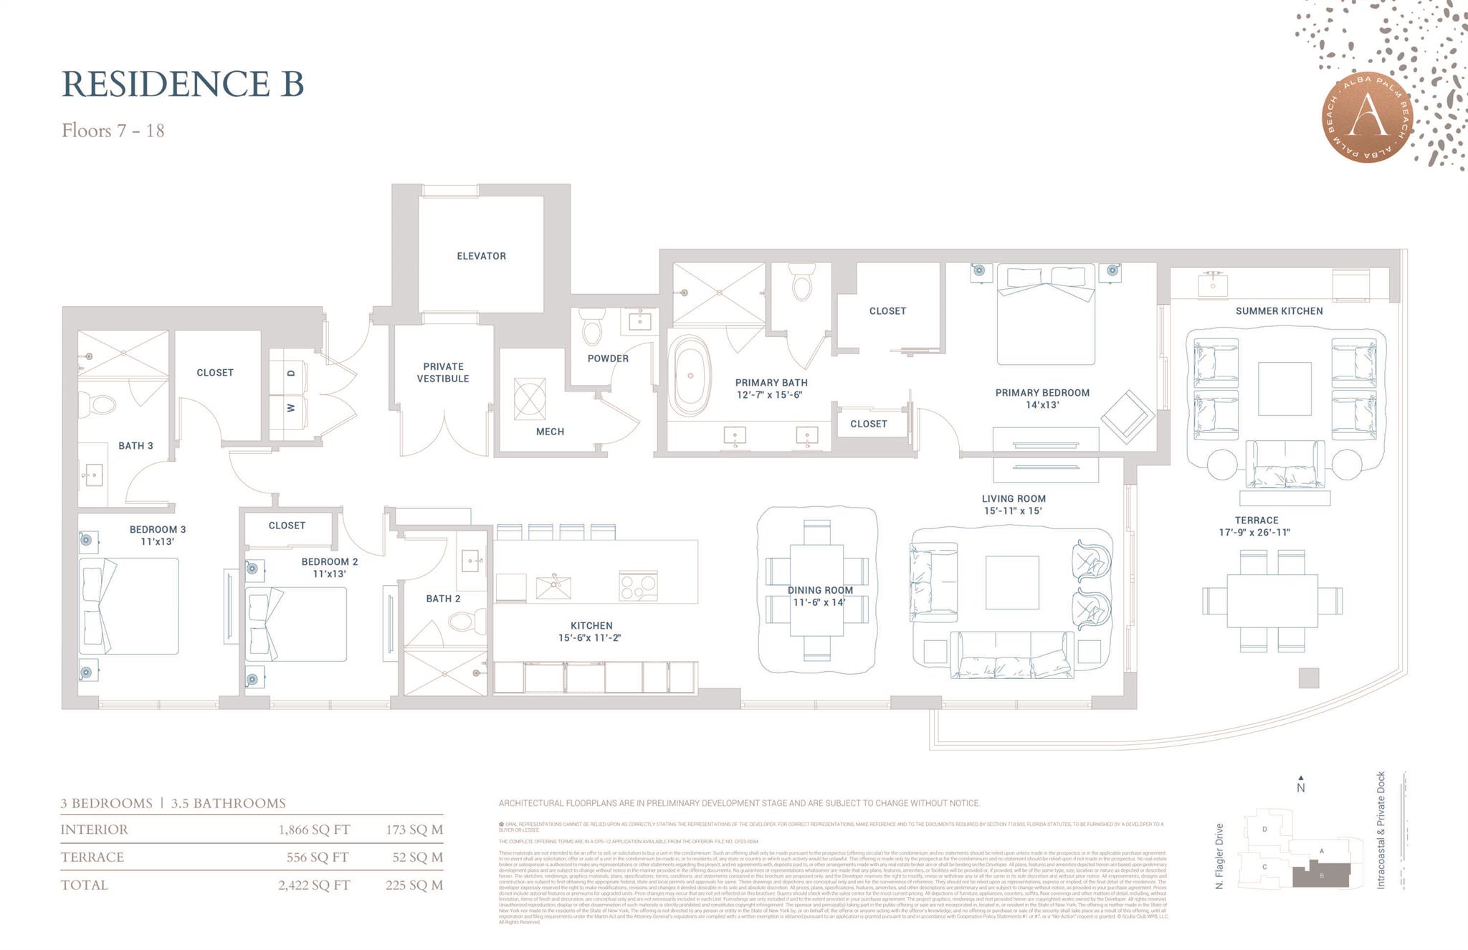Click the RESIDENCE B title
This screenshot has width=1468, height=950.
pos(183,84)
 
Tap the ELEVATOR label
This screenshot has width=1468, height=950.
pos(481,256)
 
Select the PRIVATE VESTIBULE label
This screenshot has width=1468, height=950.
pos(443,372)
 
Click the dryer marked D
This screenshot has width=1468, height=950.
pos(290,374)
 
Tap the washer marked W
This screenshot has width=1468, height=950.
pos(290,408)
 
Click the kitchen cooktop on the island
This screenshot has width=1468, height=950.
pos(638,586)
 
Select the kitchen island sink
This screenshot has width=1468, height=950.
pos(553,587)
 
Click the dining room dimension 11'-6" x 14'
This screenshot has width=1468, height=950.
pos(819,602)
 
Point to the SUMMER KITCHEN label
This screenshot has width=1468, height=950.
pos(1279,311)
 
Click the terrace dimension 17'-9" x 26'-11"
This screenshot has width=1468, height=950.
pos(1255,532)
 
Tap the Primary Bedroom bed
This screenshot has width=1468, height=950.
pos(1046,315)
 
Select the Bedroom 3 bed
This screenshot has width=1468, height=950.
pos(129,607)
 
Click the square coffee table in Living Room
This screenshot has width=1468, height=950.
pos(1011,582)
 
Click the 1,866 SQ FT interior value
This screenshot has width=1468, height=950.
pos(314,830)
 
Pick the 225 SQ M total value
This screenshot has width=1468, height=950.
pos(414,885)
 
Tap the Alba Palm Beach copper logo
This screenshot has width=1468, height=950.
pos(1368,118)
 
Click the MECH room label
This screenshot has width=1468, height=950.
pos(550,432)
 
